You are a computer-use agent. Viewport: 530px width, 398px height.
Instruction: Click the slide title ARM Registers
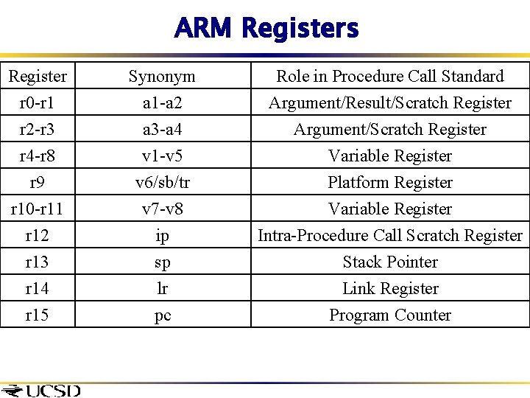tap(266, 29)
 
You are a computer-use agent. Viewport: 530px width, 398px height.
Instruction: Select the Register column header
tap(37, 77)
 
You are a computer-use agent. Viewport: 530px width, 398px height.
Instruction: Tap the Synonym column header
tap(162, 77)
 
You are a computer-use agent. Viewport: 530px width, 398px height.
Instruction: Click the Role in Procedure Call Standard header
tap(389, 77)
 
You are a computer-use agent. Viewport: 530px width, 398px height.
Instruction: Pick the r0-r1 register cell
tap(37, 103)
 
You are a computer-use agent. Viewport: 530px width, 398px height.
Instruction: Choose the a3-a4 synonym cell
tap(162, 130)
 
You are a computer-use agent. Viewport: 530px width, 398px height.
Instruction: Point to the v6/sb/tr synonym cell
tap(162, 183)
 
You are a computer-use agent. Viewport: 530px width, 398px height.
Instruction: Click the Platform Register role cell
tap(389, 183)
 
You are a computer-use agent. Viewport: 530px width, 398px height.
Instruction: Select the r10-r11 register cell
tap(37, 209)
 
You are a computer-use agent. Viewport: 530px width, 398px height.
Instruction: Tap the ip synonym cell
tap(162, 236)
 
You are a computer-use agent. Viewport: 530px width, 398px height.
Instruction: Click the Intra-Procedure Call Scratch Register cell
tap(389, 236)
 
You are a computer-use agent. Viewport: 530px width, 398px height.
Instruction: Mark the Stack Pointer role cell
tap(389, 262)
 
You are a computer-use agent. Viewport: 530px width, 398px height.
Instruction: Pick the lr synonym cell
tap(162, 289)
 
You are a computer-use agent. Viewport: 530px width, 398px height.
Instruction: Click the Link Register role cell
tap(389, 289)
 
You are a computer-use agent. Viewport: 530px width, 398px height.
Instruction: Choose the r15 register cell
tap(37, 315)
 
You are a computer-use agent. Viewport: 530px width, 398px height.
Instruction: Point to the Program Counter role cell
tap(389, 315)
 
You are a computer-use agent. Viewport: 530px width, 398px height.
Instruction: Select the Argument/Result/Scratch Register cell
tap(389, 103)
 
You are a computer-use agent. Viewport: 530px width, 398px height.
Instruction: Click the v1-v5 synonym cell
tap(162, 156)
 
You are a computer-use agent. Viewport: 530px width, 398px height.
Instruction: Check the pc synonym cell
tap(162, 315)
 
